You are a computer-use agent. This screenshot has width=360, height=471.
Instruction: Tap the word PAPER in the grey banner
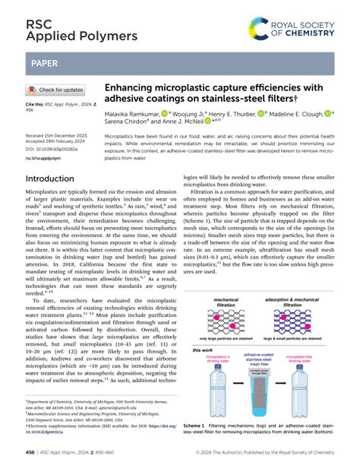tap(43, 64)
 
